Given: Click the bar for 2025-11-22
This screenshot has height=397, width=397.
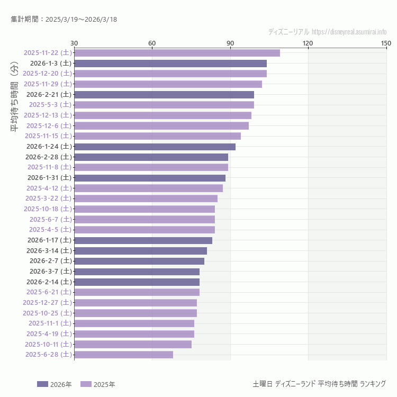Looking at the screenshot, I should pyautogui.click(x=177, y=52).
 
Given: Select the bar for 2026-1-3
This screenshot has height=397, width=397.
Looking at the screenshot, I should pyautogui.click(x=170, y=63).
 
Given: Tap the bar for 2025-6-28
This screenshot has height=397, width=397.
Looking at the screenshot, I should pyautogui.click(x=123, y=355).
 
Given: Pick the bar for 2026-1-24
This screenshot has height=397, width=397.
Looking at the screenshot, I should pyautogui.click(x=155, y=147).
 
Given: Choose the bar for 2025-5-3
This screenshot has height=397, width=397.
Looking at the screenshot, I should pyautogui.click(x=164, y=105).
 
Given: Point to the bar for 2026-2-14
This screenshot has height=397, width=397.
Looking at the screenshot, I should pyautogui.click(x=137, y=282).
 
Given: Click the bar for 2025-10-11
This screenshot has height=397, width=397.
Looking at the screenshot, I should pyautogui.click(x=133, y=344).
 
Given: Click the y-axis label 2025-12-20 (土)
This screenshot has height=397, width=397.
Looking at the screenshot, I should pyautogui.click(x=48, y=74).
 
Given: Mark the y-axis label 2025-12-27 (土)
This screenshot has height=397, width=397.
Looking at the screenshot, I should pyautogui.click(x=48, y=302).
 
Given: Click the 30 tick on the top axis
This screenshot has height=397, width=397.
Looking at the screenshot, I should pyautogui.click(x=74, y=43).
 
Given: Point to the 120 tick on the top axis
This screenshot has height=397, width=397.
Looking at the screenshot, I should pyautogui.click(x=308, y=43).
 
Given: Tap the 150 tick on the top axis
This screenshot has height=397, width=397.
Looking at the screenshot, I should pyautogui.click(x=386, y=43).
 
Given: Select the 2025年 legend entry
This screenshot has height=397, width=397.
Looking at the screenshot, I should pyautogui.click(x=97, y=384).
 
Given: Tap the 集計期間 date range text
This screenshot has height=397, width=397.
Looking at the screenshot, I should pyautogui.click(x=64, y=20).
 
